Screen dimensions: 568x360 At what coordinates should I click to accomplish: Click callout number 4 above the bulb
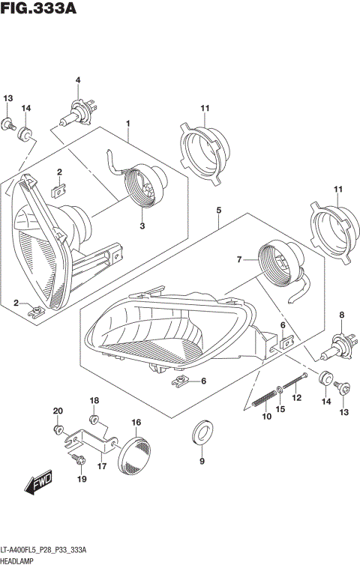(x=76, y=81)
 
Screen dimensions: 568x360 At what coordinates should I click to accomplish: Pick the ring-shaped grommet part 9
(x=202, y=432)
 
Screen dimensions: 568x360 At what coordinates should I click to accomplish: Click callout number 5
(x=218, y=212)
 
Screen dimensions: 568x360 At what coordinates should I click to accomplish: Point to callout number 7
(x=240, y=260)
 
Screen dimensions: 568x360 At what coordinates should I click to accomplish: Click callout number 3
(x=142, y=225)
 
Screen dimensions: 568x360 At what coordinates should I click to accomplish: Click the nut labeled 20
(x=58, y=429)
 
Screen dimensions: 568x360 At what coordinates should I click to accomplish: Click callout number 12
(x=296, y=397)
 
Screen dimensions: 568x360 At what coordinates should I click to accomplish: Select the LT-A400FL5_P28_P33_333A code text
(x=55, y=550)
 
